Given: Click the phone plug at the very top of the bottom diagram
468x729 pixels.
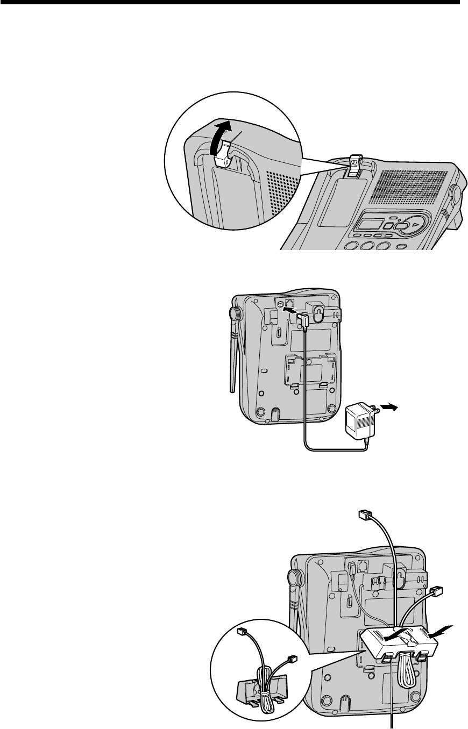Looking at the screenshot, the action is click(364, 516).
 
